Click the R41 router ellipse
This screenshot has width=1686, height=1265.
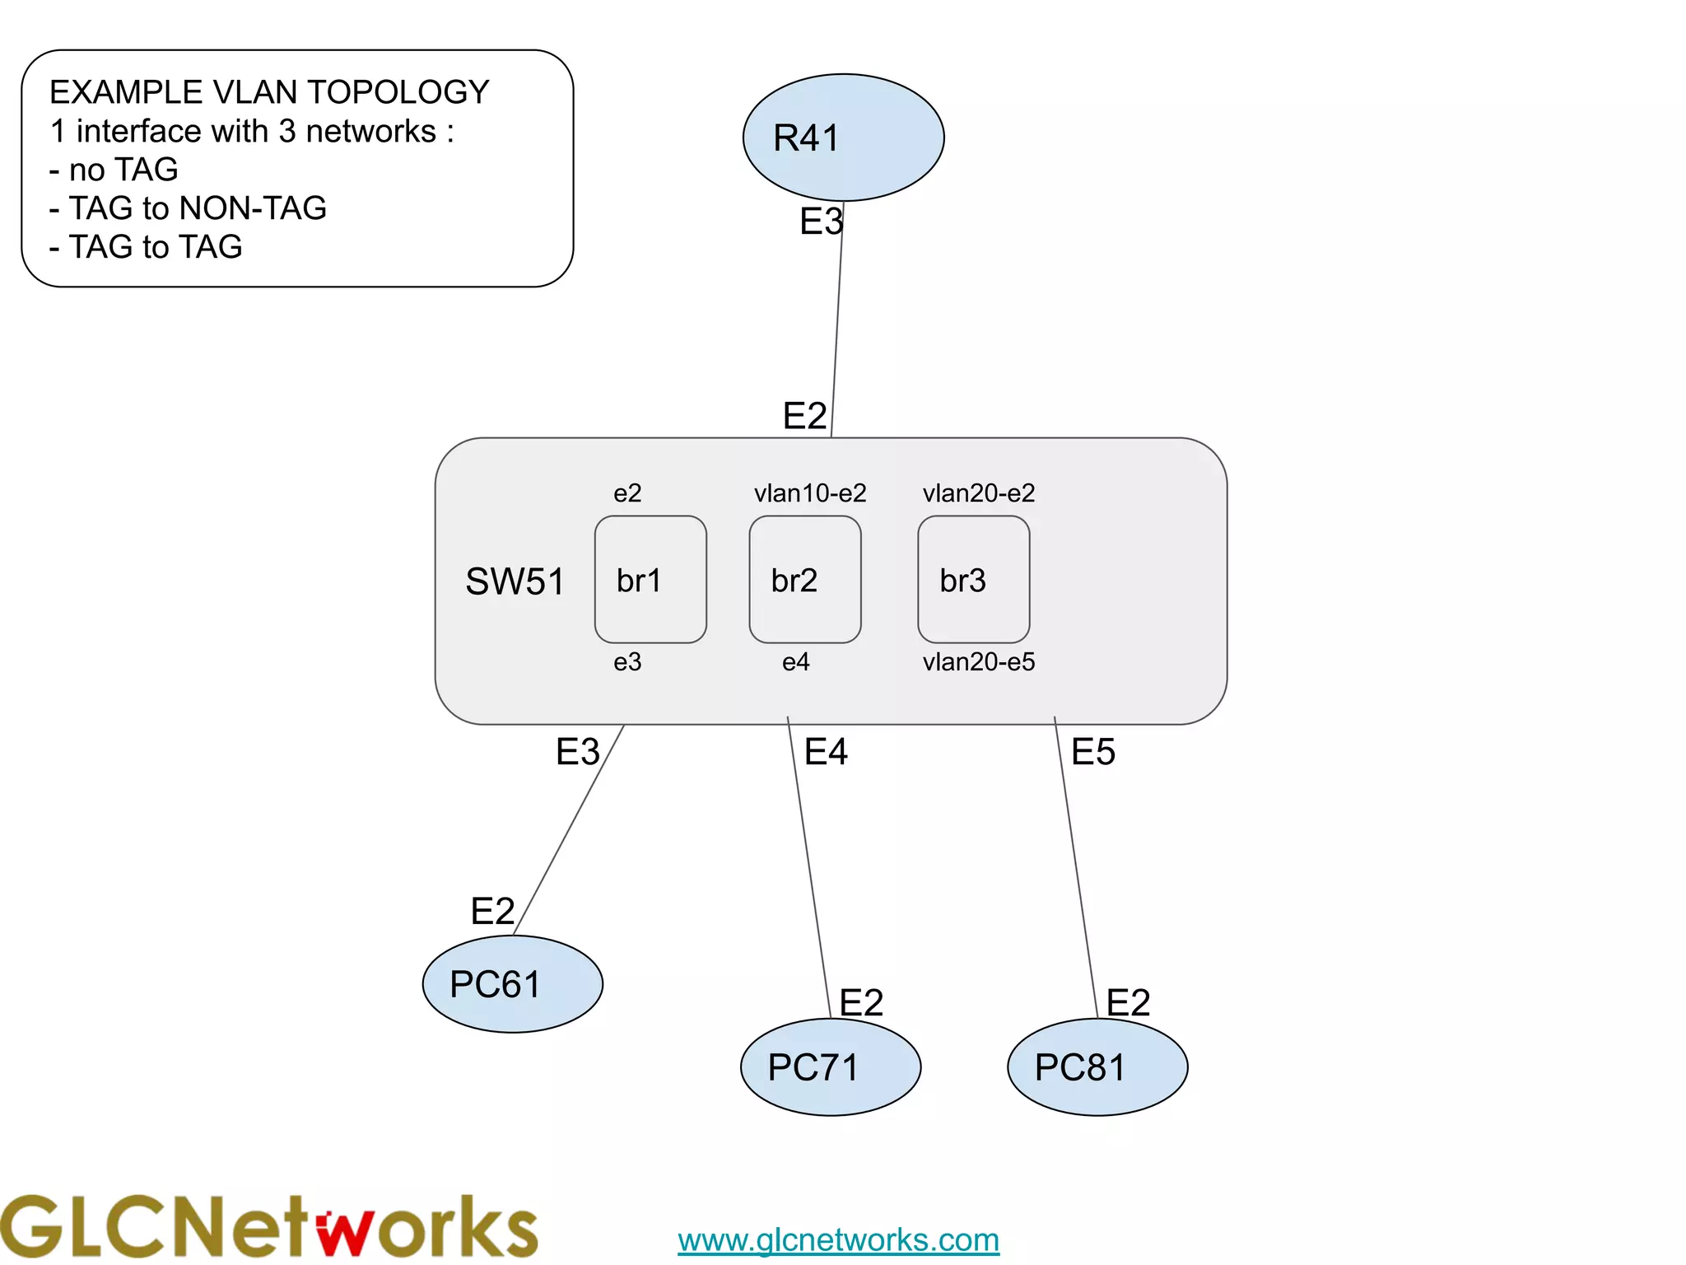point(843,138)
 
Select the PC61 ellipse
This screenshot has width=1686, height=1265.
point(512,983)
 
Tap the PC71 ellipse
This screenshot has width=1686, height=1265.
point(831,1067)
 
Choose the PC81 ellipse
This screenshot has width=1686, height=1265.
point(1097,1067)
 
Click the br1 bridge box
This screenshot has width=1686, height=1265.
point(650,580)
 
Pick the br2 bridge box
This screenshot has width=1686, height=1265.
point(805,580)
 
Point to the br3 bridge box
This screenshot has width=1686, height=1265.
point(974,580)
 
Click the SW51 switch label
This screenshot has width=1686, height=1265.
point(515,581)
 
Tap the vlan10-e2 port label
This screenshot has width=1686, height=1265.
point(810,493)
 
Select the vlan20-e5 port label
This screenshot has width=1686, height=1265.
point(979,661)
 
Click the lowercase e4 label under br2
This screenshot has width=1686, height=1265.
point(796,661)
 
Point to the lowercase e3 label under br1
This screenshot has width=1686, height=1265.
point(627,661)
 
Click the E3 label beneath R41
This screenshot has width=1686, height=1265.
point(821,222)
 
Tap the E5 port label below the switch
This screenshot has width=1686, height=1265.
point(1093,752)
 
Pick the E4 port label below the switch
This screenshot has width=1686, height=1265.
point(826,752)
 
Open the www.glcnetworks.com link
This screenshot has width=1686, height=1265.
point(838,1239)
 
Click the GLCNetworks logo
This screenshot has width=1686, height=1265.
point(268,1227)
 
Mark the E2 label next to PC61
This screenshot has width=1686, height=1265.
point(492,911)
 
